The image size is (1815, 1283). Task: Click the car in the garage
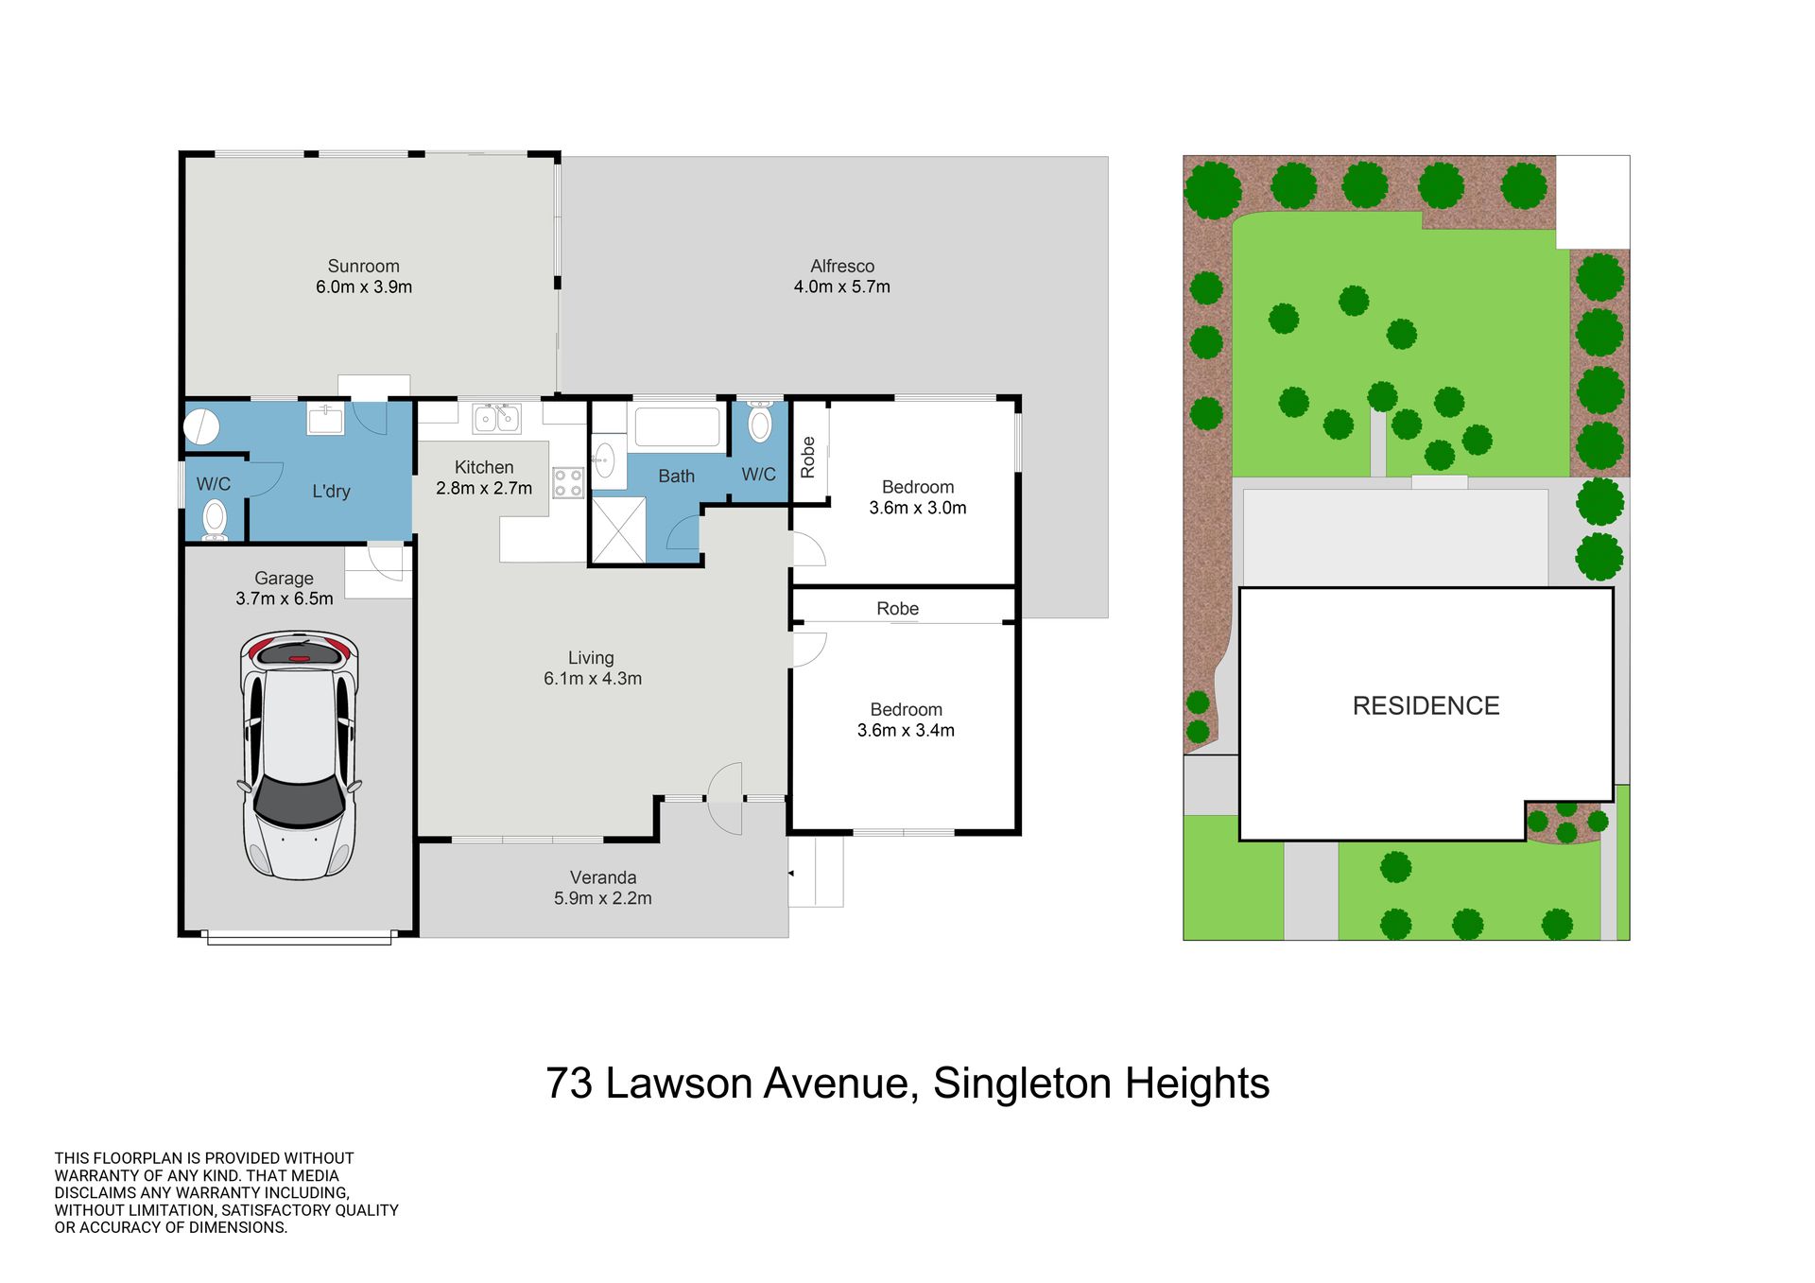tap(299, 754)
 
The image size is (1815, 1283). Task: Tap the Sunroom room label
tap(364, 267)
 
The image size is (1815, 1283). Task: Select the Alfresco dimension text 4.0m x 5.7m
tap(842, 286)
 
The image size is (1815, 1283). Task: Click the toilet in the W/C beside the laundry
tap(216, 520)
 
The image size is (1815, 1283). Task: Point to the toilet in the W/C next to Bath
tap(760, 422)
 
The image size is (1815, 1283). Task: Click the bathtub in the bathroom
tap(677, 426)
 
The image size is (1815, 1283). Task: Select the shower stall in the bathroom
tap(619, 529)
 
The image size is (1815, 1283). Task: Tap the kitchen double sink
tap(496, 417)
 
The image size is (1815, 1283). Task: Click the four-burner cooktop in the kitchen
tap(568, 483)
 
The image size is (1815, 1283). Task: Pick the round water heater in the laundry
tap(201, 426)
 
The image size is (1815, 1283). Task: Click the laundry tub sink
tap(326, 418)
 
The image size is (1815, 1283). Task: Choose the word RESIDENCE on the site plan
tap(1426, 706)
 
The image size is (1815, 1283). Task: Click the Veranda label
tap(603, 878)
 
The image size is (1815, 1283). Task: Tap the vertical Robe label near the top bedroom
tap(807, 458)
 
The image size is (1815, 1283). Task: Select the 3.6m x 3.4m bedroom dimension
tap(906, 730)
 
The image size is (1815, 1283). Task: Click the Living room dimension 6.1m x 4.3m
tap(593, 679)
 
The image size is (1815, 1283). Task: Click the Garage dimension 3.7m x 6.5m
tap(285, 598)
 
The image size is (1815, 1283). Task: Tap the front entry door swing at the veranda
tap(725, 799)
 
